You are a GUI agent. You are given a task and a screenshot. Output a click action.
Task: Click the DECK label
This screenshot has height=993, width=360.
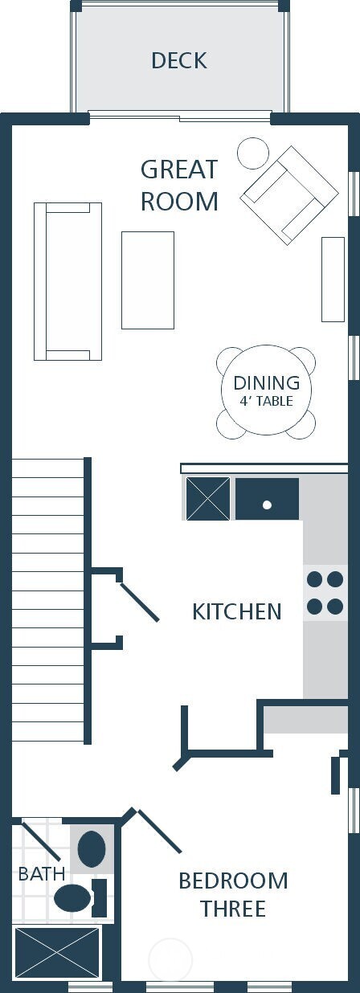tap(178, 60)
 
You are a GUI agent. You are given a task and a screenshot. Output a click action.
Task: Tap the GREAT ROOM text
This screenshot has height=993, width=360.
tap(179, 185)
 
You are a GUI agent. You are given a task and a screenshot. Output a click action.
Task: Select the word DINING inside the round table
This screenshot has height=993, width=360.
tap(266, 383)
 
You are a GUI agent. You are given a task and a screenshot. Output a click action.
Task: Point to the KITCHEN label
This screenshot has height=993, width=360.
tap(237, 611)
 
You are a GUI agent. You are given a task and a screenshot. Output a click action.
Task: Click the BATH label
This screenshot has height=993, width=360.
tap(41, 873)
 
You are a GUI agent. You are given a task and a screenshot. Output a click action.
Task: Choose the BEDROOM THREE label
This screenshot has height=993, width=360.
tap(233, 895)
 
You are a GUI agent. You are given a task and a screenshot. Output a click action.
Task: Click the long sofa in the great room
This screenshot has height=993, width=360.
tap(67, 281)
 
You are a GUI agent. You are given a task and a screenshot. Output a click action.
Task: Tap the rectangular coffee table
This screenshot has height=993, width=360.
tap(148, 280)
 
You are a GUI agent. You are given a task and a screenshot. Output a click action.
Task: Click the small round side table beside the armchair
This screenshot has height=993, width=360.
tap(252, 153)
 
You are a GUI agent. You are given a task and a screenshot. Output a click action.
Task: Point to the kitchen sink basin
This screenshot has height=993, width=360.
tap(267, 499)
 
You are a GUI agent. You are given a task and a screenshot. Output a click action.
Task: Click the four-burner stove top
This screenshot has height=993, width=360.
tap(325, 593)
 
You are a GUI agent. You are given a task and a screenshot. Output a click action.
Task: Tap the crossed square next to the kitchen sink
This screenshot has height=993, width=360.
tap(208, 499)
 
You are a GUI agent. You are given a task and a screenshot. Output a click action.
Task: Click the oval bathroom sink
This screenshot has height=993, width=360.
tap(91, 849)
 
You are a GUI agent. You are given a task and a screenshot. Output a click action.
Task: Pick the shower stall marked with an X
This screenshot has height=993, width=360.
tap(57, 954)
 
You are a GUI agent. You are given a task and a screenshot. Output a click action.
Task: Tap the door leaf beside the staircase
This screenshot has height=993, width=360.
tap(139, 602)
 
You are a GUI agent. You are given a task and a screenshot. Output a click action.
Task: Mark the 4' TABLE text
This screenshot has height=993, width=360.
tap(266, 401)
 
